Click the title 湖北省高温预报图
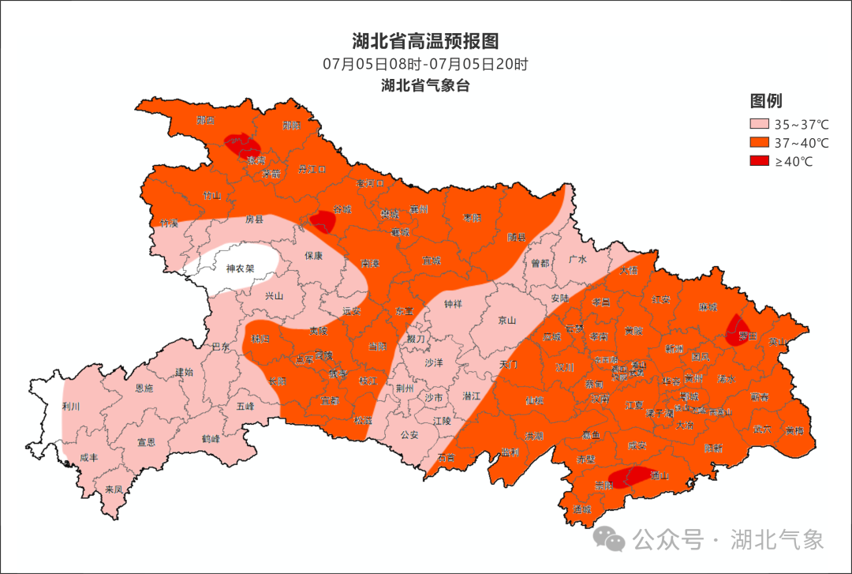[425, 41]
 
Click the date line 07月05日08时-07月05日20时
[425, 65]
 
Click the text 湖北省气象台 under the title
[425, 86]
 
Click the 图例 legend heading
[765, 101]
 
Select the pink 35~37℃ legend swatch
[759, 125]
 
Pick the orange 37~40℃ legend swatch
[759, 143]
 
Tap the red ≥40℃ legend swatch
[759, 161]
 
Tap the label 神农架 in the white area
[240, 268]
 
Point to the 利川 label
[71, 407]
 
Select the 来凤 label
[114, 490]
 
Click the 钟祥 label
[453, 304]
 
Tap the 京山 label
[506, 321]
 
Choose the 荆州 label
[405, 388]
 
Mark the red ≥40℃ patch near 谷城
[323, 219]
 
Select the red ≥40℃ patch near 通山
[631, 476]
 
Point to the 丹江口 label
[312, 169]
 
